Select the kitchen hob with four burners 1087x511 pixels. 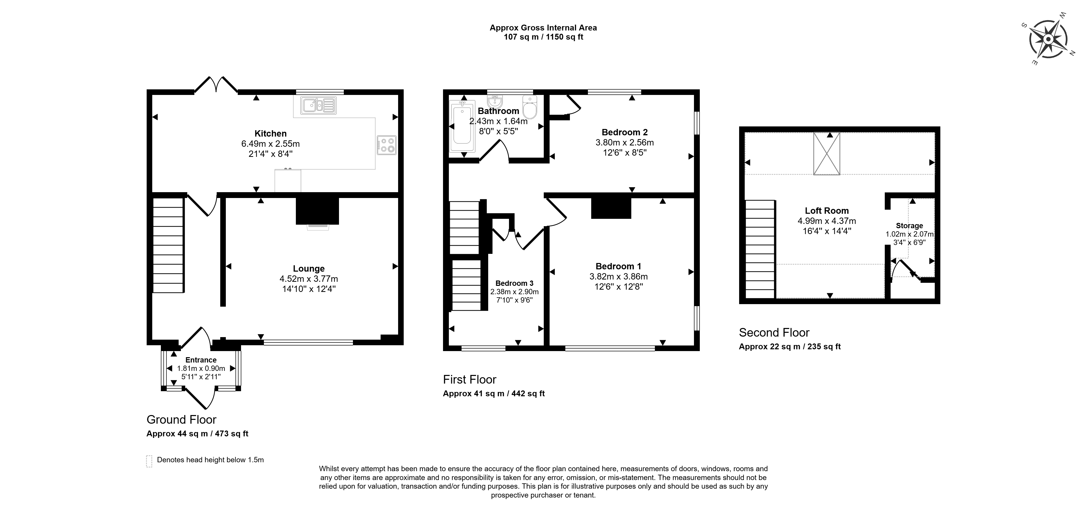386,145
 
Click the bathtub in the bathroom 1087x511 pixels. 463,126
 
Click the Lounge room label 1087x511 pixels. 309,269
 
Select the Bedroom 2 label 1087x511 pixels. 624,132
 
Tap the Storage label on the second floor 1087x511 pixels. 909,225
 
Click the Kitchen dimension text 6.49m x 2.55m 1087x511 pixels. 270,144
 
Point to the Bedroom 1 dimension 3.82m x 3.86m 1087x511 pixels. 619,277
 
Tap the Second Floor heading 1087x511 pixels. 774,333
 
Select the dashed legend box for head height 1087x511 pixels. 149,461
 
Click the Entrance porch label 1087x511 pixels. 201,360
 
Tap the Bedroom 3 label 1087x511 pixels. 514,283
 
